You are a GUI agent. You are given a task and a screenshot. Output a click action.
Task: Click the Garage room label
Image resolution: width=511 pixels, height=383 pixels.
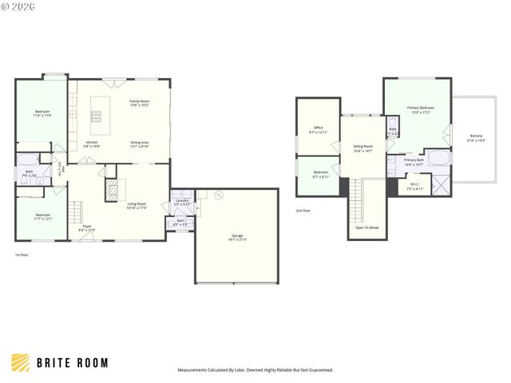(238, 236)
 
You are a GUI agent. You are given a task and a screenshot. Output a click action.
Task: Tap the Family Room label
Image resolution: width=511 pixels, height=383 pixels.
(140, 102)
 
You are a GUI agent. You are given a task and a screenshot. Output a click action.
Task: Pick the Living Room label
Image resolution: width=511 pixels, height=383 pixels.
(137, 205)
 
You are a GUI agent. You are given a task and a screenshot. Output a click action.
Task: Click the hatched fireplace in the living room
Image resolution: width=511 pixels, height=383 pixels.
(112, 190)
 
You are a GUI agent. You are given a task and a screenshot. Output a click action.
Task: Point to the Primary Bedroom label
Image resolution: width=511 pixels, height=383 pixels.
(421, 109)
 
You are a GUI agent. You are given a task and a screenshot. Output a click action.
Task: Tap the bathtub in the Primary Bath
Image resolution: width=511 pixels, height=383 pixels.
(439, 157)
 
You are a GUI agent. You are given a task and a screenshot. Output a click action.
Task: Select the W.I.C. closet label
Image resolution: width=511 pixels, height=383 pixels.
(414, 185)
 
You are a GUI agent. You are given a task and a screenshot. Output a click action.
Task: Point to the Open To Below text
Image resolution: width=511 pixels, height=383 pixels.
(368, 227)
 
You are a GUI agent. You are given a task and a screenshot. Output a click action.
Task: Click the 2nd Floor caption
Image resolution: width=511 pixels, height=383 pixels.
(303, 211)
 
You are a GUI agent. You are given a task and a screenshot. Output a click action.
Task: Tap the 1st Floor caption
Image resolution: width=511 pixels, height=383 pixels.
(22, 255)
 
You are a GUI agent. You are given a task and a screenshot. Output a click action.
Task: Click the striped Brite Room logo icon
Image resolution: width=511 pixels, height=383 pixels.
(21, 362)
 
